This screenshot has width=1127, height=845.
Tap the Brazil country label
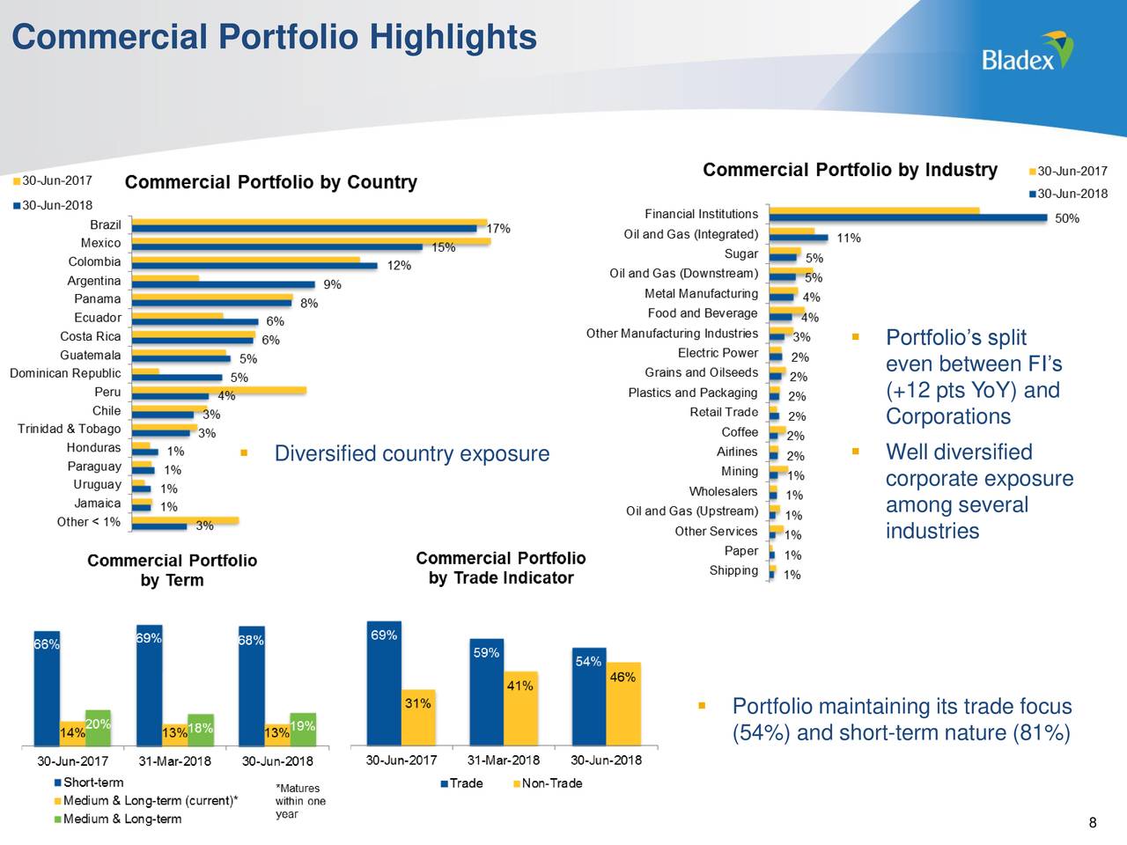coord(106,224)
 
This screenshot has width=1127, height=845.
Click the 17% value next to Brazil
coord(498,228)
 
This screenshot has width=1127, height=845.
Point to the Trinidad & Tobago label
coord(69,429)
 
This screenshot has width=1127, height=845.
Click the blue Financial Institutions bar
coord(907,217)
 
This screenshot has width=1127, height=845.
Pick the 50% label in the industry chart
coord(1066,218)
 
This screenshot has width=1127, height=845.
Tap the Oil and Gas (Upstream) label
coord(691,511)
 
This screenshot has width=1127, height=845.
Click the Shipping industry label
coord(733,570)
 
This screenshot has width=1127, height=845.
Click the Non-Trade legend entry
coord(551,783)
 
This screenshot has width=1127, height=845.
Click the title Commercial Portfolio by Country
coord(270,182)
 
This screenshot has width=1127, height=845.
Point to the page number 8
coord(1093,823)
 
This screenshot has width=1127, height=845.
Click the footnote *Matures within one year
coord(299,801)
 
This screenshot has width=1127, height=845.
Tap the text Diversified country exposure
coord(411,453)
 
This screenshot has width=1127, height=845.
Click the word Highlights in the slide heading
coord(453,37)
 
